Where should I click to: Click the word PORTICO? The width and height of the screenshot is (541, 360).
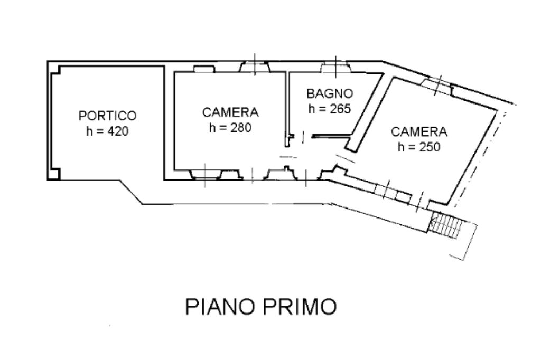click(108, 116)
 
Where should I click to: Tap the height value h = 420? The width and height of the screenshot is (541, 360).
click(107, 131)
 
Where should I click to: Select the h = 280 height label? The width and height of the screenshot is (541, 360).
click(230, 128)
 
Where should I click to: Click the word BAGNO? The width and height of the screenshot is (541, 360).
click(330, 93)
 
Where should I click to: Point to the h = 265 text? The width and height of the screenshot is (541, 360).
click(330, 109)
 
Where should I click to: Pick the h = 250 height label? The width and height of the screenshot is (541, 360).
click(419, 147)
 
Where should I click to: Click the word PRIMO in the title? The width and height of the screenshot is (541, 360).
click(300, 306)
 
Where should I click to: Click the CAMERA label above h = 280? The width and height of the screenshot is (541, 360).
click(230, 112)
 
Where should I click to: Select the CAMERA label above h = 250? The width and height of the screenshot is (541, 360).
click(419, 132)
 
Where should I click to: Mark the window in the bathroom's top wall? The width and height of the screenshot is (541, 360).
click(335, 67)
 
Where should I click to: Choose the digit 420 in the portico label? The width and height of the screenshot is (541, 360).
click(118, 131)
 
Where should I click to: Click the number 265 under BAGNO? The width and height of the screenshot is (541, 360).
click(340, 109)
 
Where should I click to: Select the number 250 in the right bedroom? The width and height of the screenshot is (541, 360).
click(430, 147)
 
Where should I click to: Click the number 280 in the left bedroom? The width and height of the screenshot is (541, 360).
click(241, 128)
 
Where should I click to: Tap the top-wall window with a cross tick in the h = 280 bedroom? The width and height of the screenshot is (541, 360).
click(255, 67)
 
